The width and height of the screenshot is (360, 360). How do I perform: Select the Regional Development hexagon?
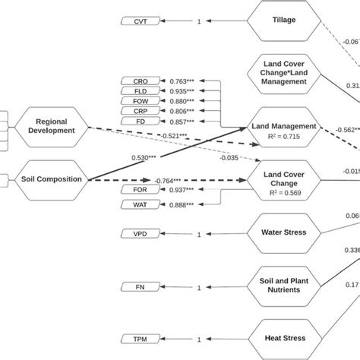(46, 124)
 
